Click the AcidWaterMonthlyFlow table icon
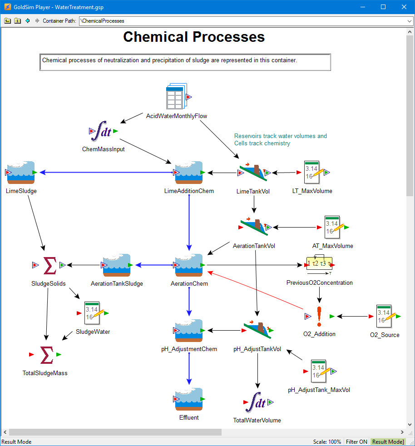point(176,96)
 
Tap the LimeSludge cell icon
point(21,173)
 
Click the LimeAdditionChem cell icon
point(189,173)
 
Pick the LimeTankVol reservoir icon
point(253,173)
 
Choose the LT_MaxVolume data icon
point(312,173)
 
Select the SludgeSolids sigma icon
point(49,265)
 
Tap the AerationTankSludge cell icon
point(117,265)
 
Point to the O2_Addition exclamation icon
point(319,316)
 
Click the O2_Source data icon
point(384,316)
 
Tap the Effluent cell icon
point(189,399)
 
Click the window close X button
point(404,7)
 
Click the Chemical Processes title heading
point(194,37)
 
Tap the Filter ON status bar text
point(357,442)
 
